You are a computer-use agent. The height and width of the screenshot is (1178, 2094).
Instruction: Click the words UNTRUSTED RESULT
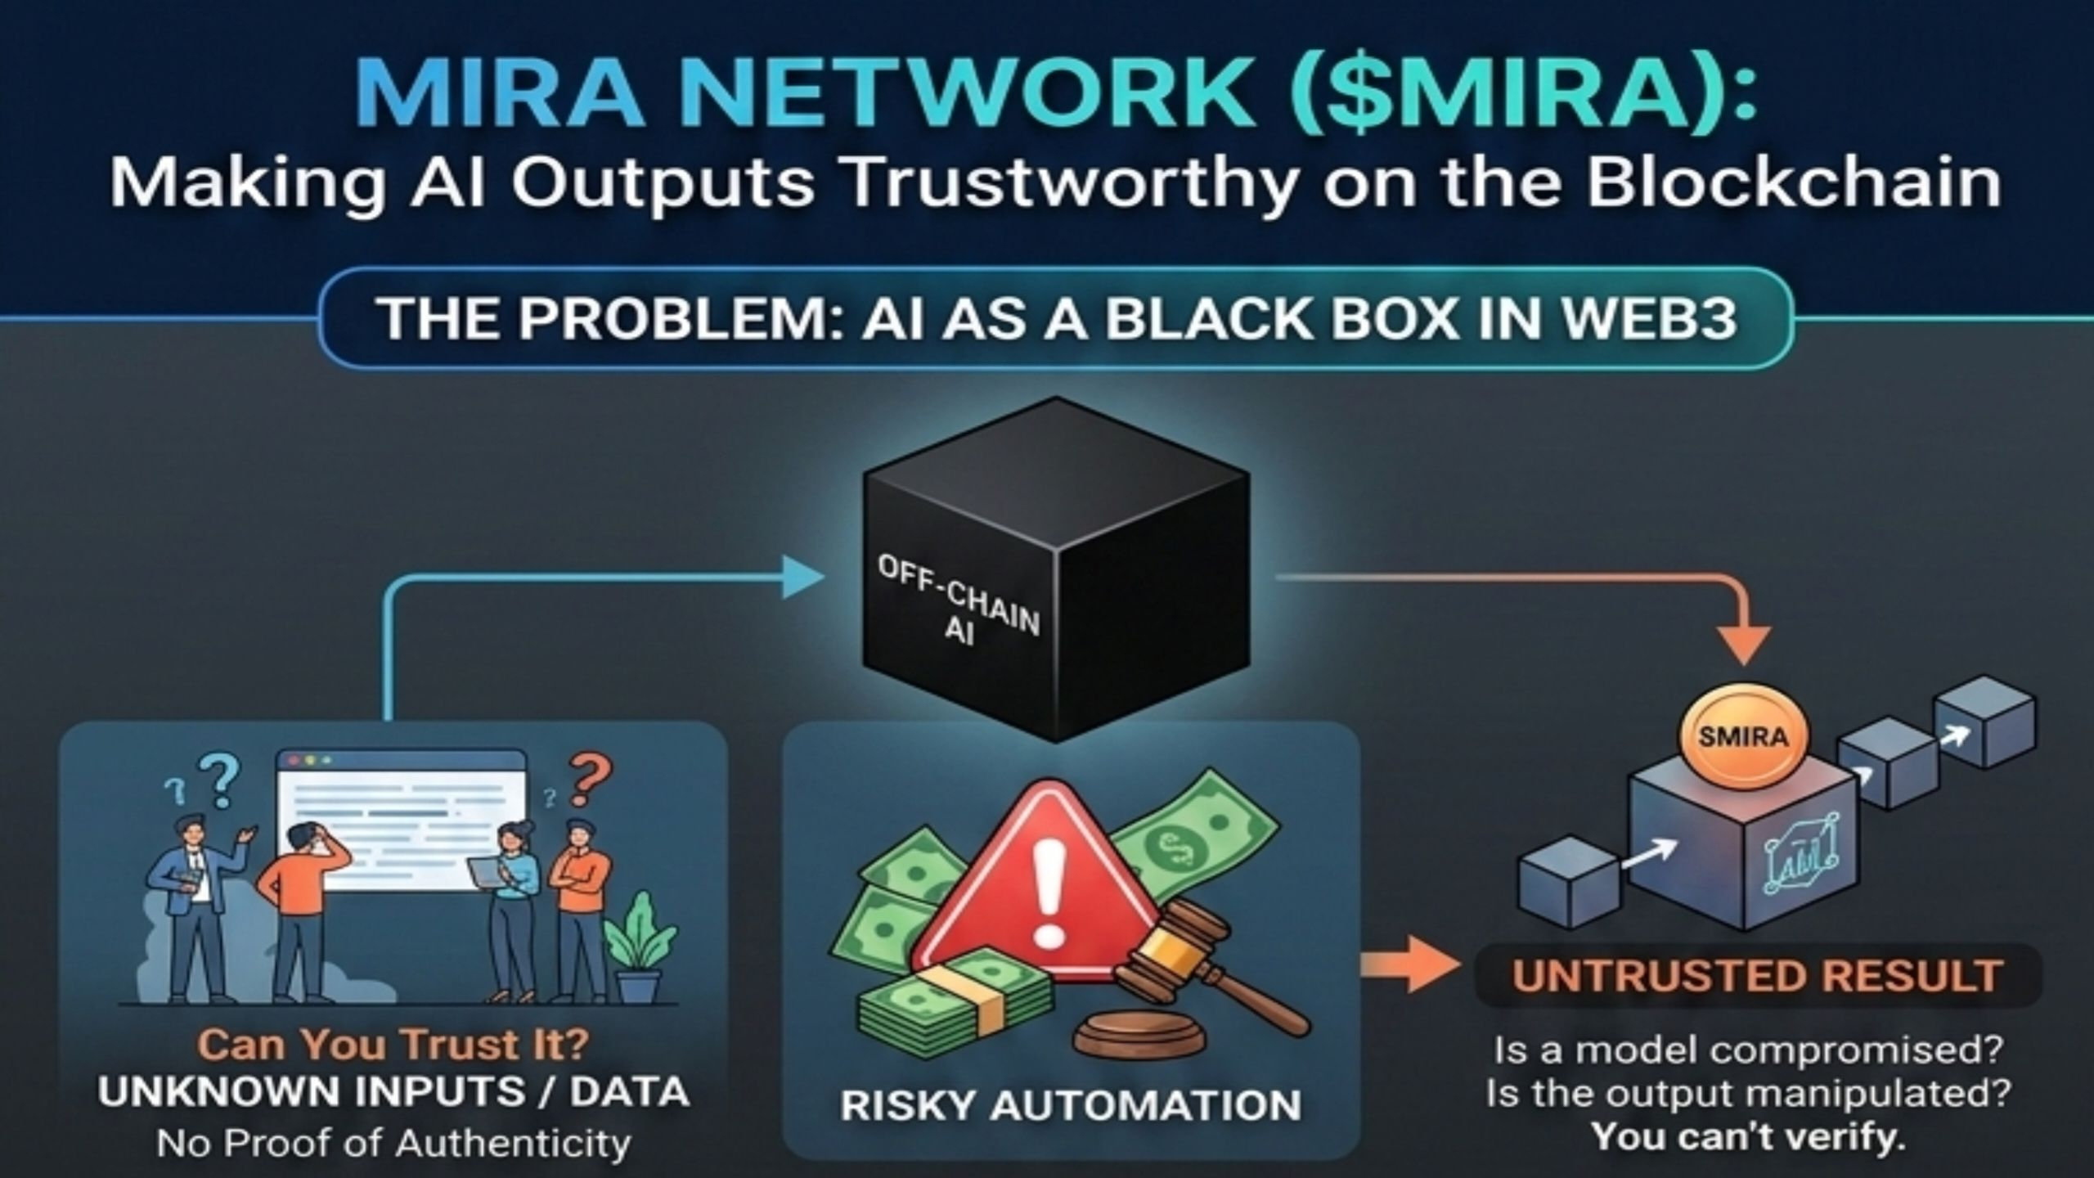pyautogui.click(x=1755, y=977)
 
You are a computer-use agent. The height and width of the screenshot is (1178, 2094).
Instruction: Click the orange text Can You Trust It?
pyautogui.click(x=393, y=1045)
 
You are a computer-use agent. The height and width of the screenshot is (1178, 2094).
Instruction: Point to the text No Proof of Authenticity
pyautogui.click(x=393, y=1143)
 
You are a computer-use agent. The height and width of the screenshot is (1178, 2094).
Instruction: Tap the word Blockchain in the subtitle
pyautogui.click(x=1791, y=183)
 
